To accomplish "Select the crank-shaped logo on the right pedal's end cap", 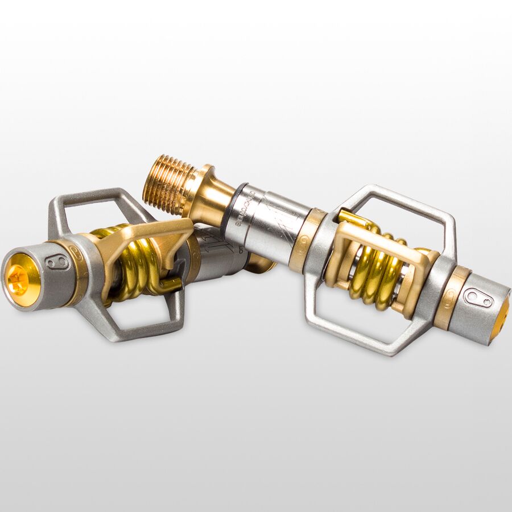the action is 476,296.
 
